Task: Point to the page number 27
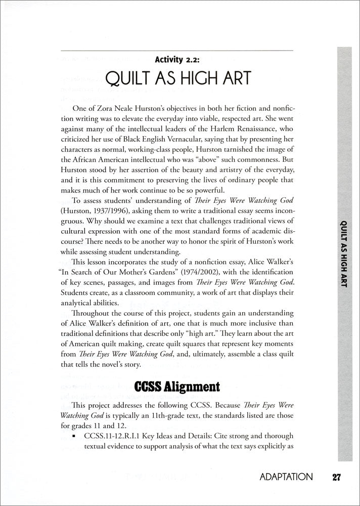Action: (x=338, y=477)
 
